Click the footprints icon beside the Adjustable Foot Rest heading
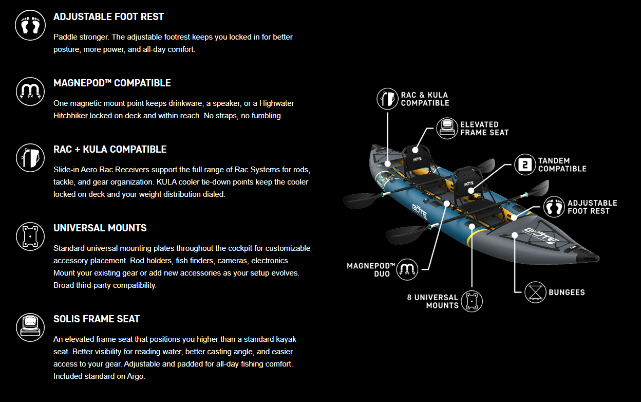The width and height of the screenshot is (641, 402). point(30,25)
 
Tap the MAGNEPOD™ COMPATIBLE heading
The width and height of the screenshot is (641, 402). point(112,83)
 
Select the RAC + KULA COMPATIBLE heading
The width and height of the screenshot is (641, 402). point(110,149)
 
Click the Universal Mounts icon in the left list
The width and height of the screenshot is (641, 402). point(30,236)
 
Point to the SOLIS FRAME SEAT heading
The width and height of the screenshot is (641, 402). point(97,319)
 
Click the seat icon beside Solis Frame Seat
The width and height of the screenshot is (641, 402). point(30,327)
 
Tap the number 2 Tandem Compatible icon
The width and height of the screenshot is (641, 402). point(525,165)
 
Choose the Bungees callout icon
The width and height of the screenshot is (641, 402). point(535,292)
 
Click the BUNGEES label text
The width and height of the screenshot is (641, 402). point(567,293)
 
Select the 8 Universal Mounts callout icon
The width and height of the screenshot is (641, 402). point(472,301)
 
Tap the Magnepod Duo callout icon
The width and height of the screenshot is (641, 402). point(407,269)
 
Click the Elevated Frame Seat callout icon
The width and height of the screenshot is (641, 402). point(447,129)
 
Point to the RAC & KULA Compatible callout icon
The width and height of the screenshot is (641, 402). point(387,99)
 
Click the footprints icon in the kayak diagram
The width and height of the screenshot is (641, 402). point(554,207)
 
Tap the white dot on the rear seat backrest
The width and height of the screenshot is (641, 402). point(415,150)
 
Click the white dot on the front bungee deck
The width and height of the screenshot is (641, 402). point(515,235)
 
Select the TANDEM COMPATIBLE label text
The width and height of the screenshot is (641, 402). point(562,165)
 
